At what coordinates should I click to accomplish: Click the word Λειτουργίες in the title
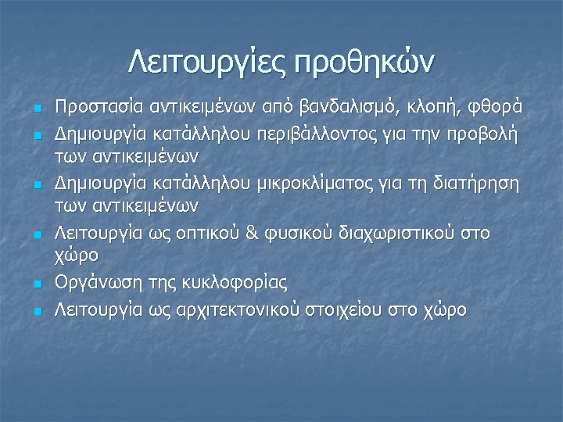click(206, 61)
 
